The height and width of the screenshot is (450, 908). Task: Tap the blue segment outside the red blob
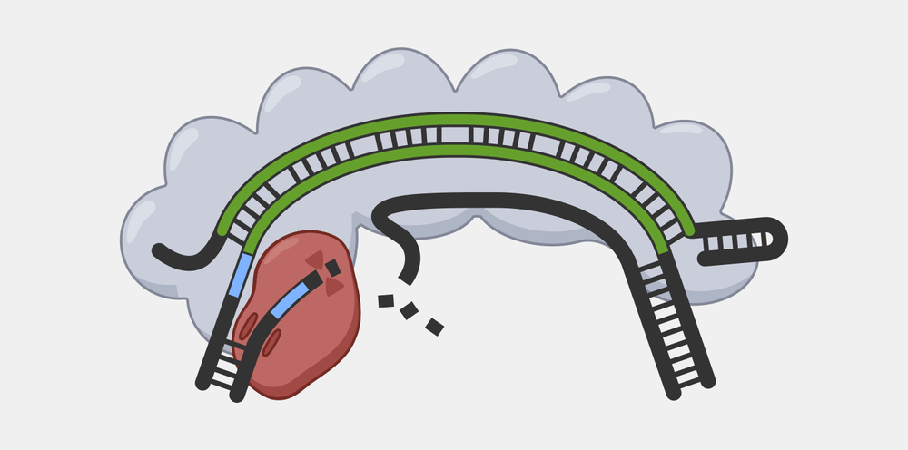click(x=242, y=276)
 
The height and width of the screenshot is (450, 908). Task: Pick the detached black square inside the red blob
click(x=332, y=268)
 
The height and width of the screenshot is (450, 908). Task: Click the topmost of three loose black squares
click(x=386, y=300)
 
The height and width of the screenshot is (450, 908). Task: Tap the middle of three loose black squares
click(x=410, y=311)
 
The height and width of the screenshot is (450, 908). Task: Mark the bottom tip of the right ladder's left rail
click(x=673, y=393)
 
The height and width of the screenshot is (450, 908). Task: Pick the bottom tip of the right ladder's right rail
click(x=708, y=381)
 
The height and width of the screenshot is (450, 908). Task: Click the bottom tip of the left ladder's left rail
click(x=203, y=383)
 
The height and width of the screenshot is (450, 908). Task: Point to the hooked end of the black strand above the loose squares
click(x=400, y=276)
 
